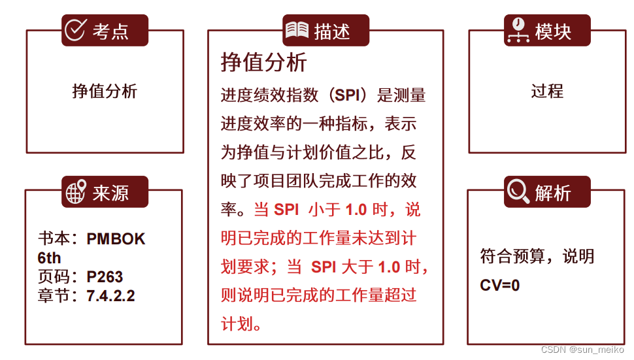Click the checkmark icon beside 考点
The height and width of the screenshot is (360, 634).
[76, 30]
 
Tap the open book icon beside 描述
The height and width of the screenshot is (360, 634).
[297, 30]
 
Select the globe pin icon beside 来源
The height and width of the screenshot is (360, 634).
[76, 193]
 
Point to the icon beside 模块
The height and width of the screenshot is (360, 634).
[518, 30]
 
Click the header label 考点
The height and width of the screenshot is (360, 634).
[110, 31]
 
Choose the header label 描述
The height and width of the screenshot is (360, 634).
[331, 31]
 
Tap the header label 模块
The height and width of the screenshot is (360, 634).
[553, 31]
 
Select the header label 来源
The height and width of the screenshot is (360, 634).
[110, 193]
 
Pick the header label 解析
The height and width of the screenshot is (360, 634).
[553, 193]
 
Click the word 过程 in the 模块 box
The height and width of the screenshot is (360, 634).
[547, 91]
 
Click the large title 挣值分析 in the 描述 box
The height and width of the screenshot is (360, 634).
[263, 63]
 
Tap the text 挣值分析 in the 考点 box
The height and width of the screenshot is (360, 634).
[105, 91]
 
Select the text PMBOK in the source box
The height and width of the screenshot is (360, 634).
[116, 239]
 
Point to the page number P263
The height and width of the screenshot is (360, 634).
[105, 276]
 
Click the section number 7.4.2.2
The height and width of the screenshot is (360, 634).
[110, 295]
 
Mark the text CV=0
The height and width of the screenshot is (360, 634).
[500, 285]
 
